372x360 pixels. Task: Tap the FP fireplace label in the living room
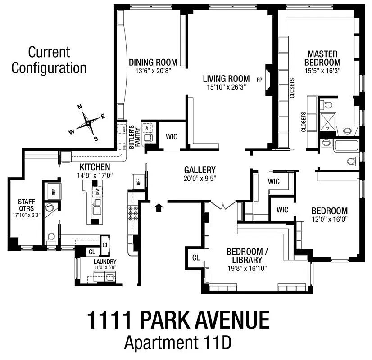click(x=259, y=80)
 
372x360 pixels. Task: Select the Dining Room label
click(x=153, y=62)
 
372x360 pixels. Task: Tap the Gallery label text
click(x=200, y=170)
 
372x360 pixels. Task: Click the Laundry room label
click(x=105, y=261)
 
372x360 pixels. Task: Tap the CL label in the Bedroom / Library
click(x=196, y=258)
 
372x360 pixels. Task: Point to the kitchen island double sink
click(x=96, y=208)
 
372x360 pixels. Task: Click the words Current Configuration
click(x=49, y=60)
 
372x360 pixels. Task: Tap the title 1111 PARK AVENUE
click(x=178, y=320)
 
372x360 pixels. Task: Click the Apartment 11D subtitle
click(x=178, y=343)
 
